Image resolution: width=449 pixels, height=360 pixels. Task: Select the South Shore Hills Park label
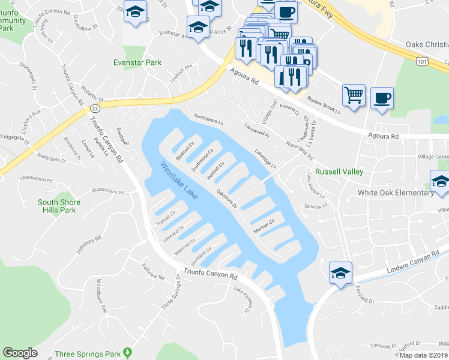[65, 206]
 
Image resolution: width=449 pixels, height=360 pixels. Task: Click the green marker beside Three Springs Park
[127, 352]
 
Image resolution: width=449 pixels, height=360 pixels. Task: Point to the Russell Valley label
[339, 172]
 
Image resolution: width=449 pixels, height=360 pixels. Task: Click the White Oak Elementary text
[396, 193]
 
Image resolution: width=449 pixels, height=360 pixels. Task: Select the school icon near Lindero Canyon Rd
[340, 272]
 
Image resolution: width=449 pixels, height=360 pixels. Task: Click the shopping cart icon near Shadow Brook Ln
[354, 95]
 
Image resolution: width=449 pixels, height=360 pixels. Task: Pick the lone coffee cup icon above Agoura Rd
[382, 97]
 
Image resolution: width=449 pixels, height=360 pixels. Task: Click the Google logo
[20, 353]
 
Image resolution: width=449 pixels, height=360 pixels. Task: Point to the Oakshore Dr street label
[227, 200]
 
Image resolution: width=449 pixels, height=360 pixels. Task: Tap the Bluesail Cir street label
[185, 149]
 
